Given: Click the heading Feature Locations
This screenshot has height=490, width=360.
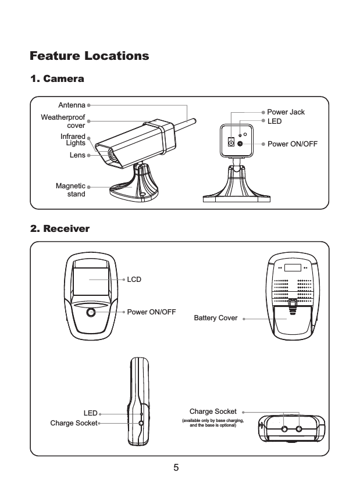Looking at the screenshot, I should click(x=89, y=56).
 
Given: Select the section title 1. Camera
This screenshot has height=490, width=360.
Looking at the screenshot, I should click(x=57, y=78).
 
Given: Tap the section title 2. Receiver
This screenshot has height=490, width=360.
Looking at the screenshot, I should click(x=60, y=228).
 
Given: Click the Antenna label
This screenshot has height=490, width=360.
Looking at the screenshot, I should click(x=72, y=106).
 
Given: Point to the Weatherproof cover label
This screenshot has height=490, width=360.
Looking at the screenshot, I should click(x=63, y=121).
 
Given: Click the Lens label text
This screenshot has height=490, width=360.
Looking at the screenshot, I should click(x=77, y=155).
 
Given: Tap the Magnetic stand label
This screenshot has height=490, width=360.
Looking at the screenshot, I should click(x=70, y=189).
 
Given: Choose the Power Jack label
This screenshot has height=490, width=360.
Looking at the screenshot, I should click(x=286, y=112).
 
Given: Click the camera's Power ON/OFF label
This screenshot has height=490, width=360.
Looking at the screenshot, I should click(x=292, y=143).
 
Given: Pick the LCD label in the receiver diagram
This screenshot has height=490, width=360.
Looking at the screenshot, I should click(x=134, y=280).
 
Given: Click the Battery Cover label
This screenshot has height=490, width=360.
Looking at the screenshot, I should click(x=215, y=319).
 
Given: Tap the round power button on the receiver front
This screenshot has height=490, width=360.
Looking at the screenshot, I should click(x=91, y=313).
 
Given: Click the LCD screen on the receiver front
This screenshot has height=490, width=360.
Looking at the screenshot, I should click(x=90, y=281).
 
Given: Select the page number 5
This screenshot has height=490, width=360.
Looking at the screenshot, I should click(x=176, y=467).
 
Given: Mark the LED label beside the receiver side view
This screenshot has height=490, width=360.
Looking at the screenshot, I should click(x=90, y=413).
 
